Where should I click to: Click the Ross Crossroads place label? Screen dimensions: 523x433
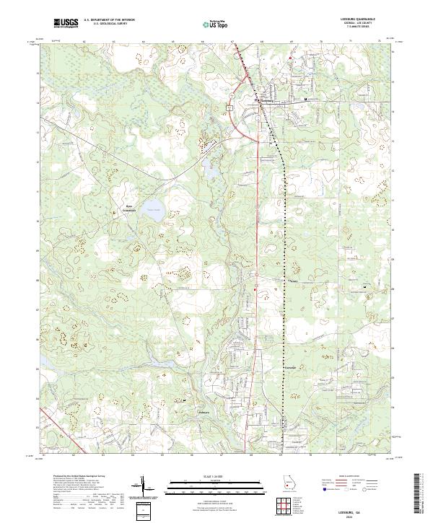(125, 208)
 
